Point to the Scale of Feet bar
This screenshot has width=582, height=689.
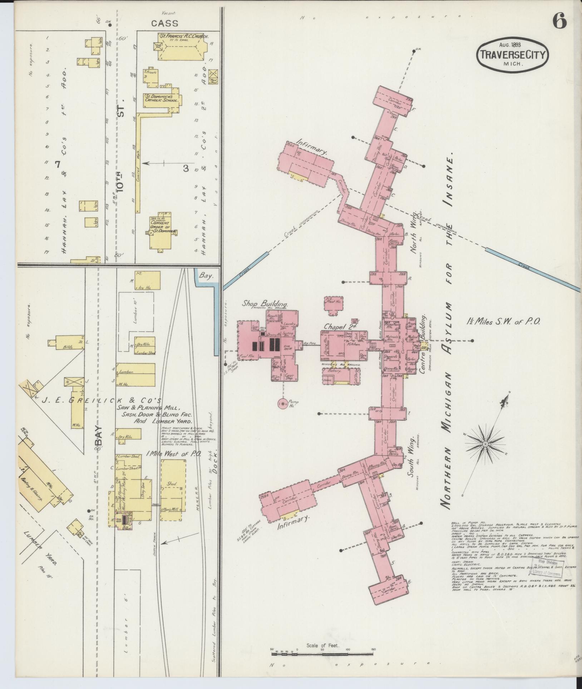tap(323, 650)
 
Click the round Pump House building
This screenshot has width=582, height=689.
tap(282, 404)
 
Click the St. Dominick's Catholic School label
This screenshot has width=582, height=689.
tap(161, 98)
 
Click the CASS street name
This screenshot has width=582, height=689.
tap(164, 24)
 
